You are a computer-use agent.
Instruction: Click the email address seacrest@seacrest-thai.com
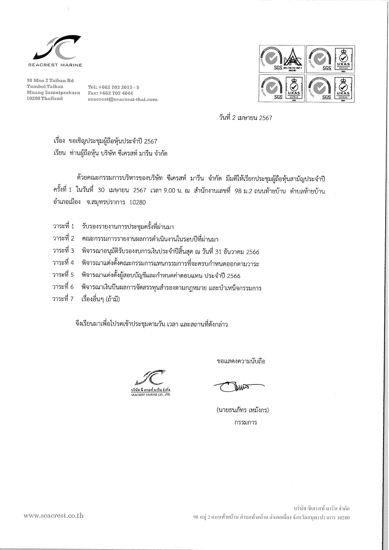(123, 100)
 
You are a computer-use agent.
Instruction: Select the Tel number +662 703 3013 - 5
(114, 87)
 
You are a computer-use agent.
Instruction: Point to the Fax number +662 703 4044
(111, 93)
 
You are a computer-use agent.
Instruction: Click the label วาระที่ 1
(64, 226)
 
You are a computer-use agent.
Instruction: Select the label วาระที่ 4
(64, 263)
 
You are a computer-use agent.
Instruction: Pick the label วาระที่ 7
(64, 299)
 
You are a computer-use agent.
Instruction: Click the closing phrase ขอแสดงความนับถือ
(241, 361)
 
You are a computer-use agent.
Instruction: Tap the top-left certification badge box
(281, 59)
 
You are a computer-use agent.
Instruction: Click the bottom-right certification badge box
(330, 88)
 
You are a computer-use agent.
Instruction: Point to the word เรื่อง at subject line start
(59, 141)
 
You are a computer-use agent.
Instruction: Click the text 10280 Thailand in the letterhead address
(45, 98)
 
